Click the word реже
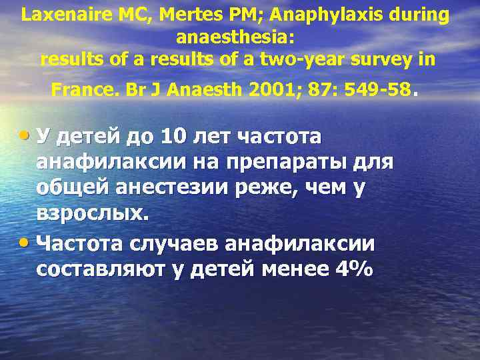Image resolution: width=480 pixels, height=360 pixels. pos(261,188)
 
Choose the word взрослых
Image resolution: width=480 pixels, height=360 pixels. pos(90,215)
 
